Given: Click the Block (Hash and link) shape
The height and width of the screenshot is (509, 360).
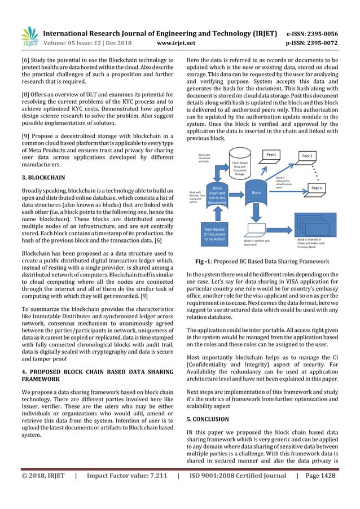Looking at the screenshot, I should coord(216,196).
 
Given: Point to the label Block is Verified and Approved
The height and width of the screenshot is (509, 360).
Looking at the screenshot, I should coord(257,243).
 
